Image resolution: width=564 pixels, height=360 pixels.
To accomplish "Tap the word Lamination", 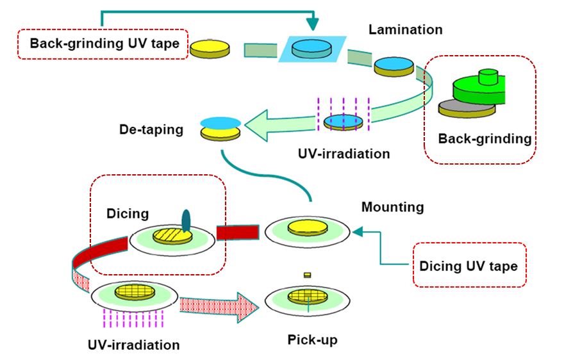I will point(406,29).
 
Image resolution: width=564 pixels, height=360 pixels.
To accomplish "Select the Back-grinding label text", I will point(485,138).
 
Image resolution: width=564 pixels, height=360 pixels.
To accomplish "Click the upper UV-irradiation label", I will point(344,154).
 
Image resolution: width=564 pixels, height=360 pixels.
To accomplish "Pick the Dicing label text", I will point(127,214).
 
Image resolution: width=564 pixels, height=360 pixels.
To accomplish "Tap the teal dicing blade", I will point(187,220).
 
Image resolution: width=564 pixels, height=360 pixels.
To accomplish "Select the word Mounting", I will point(393,207).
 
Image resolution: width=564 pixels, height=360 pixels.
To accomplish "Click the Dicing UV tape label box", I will point(469,265).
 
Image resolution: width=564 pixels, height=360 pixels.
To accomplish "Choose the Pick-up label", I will point(312,339).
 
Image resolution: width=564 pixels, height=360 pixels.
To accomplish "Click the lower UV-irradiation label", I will point(134,345).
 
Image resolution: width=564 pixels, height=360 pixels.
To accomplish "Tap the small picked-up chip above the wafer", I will point(307,275).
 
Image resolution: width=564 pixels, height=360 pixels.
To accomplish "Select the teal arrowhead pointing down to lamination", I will point(313,24).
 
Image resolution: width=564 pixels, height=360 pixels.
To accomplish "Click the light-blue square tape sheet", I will point(313,49).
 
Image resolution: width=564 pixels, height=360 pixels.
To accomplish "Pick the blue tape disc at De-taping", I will point(220,122).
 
